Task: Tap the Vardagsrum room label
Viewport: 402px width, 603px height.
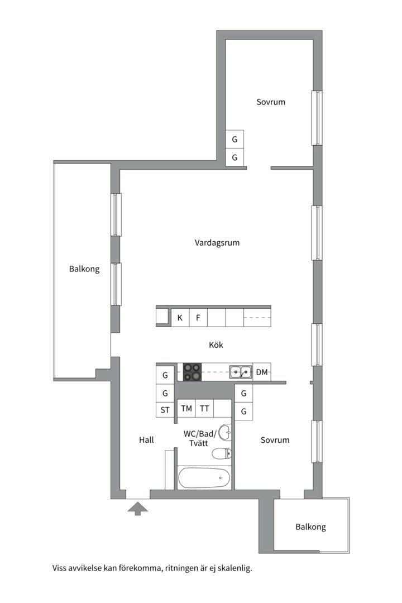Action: [217, 243]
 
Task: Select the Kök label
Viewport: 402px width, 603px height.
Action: [216, 344]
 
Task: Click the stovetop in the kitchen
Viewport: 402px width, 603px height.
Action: [192, 372]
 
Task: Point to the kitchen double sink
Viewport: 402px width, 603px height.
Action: [241, 372]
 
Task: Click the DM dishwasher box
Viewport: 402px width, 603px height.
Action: [262, 372]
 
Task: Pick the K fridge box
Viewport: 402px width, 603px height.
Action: [180, 318]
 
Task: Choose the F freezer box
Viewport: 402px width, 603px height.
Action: [198, 318]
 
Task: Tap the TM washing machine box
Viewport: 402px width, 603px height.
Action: [186, 408]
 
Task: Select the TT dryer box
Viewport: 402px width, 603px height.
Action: [204, 408]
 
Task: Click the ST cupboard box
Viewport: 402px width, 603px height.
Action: [165, 410]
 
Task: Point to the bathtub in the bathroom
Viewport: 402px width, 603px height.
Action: [204, 478]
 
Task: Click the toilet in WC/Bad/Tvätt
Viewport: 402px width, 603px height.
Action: [222, 454]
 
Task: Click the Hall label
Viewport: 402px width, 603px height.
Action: [146, 440]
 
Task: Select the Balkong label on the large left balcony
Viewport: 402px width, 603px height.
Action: [84, 269]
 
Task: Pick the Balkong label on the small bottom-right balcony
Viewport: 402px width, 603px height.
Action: [310, 527]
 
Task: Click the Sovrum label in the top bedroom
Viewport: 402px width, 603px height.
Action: [271, 102]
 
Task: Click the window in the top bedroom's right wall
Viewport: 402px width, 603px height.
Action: [317, 118]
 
